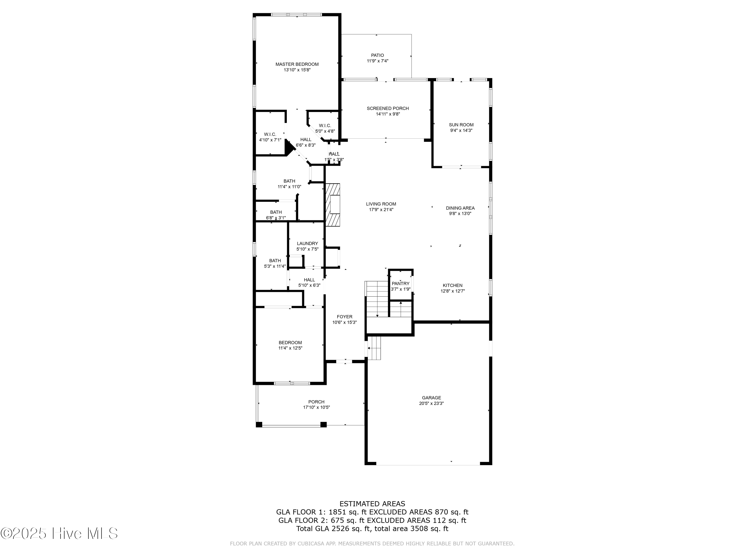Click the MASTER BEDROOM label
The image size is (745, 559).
pos(297,64)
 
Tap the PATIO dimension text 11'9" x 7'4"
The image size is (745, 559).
pos(377,61)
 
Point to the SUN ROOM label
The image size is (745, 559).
pos(461,125)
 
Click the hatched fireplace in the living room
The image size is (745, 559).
pos(333,205)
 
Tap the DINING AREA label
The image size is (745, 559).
pos(460,208)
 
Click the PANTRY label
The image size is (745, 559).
pos(401,284)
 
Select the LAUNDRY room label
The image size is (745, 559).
pos(307,243)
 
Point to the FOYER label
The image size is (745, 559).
pos(344,317)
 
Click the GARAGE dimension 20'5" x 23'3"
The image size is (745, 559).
pos(431,403)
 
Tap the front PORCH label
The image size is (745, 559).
pos(316,402)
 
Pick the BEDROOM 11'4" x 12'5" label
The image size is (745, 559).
pos(290,343)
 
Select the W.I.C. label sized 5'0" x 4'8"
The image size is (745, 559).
pos(325,125)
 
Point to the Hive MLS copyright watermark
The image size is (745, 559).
pos(59,533)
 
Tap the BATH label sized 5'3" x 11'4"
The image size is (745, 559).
pos(275,260)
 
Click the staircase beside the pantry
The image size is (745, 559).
pos(377,299)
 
